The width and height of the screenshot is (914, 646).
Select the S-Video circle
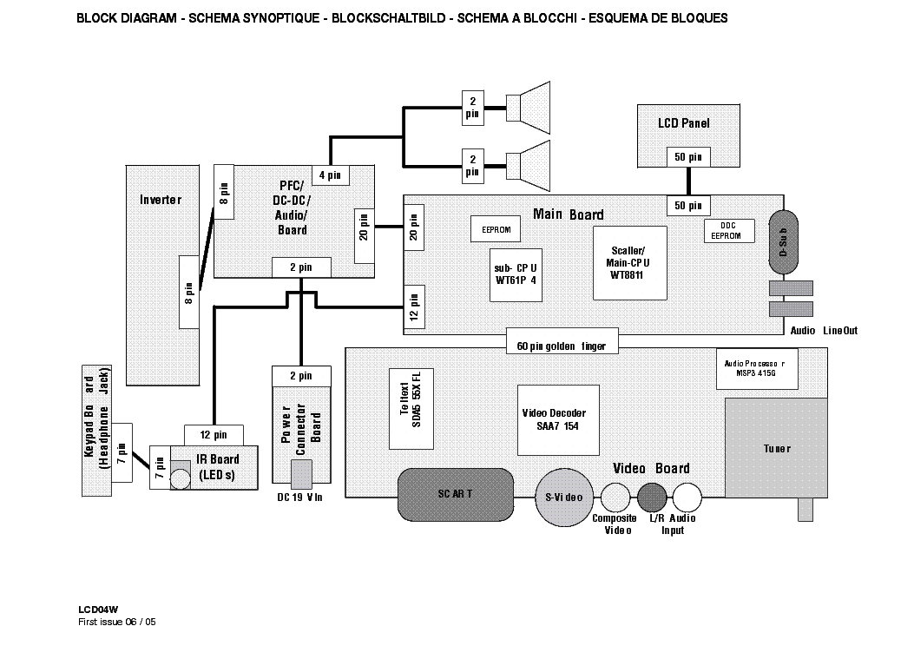[563, 498]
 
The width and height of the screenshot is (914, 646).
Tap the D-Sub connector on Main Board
[783, 243]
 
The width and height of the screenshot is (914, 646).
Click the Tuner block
[776, 448]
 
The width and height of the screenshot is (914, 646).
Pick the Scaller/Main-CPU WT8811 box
[629, 262]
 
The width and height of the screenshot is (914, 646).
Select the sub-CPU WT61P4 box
[516, 274]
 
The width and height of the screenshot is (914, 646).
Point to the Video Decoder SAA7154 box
[559, 419]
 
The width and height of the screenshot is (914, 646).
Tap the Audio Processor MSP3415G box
[753, 368]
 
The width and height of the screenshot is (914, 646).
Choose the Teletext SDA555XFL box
[411, 408]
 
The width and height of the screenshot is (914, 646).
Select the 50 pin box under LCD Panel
[689, 157]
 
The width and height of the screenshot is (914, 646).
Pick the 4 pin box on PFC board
[330, 175]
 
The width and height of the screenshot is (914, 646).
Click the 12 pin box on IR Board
[214, 434]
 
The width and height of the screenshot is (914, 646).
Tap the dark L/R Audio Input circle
[651, 497]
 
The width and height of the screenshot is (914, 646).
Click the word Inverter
[161, 200]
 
